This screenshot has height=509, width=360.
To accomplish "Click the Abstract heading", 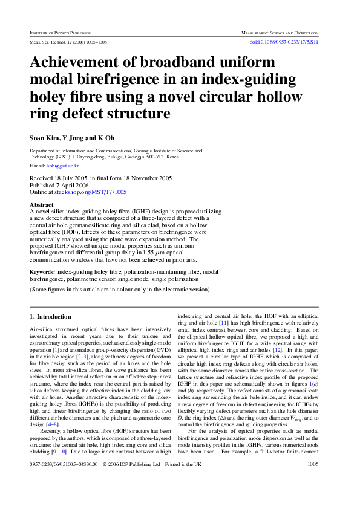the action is (42, 205).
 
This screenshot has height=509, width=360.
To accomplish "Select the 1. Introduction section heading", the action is (50, 317).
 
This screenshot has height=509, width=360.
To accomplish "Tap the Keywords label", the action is (42, 273).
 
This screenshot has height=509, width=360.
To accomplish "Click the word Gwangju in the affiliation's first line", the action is (154, 151).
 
